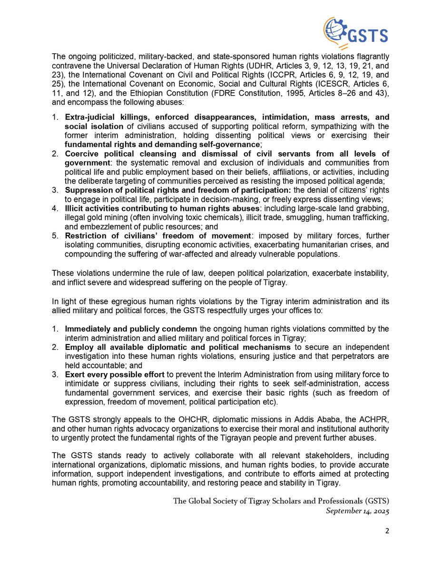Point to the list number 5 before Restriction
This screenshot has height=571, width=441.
[55, 236]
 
